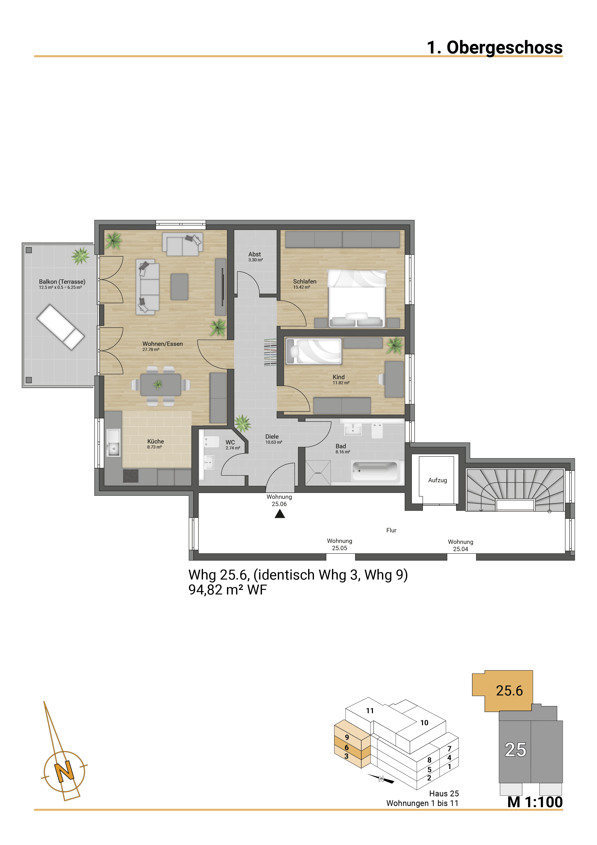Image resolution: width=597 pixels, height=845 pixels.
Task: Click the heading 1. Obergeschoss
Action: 494,47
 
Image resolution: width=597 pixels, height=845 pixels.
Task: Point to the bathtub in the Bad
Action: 375,471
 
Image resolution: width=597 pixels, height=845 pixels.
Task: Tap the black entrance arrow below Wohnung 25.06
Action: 279,513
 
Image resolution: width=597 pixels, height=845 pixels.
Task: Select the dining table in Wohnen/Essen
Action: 160,385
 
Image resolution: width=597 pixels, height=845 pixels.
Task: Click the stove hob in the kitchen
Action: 130,476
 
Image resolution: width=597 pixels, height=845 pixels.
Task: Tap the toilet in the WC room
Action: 211,441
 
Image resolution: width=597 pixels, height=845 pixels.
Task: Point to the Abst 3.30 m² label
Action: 255,257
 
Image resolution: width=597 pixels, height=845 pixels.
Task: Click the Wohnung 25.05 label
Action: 339,544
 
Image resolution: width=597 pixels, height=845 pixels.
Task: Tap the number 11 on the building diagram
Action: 370,711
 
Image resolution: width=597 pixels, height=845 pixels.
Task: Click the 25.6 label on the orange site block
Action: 509,691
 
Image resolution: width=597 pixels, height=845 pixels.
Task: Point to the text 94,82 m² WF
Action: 228,590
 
